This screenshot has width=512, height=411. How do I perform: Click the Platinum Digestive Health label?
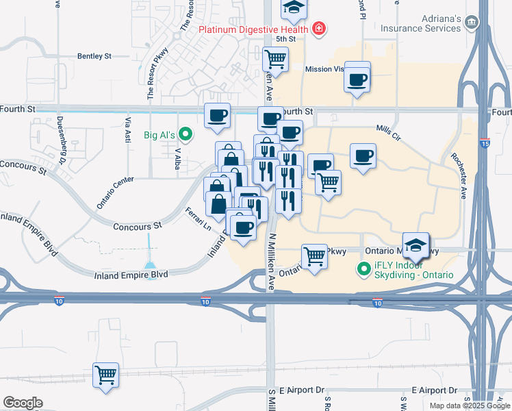253,29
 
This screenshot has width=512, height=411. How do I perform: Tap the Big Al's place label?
159,135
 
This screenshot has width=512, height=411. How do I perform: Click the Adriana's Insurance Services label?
420,23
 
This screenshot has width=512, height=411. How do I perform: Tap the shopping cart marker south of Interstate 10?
106,375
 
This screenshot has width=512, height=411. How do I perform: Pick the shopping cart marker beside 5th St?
275,60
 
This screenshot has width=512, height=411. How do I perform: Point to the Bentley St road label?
94,56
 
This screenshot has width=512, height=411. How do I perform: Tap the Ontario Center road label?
114,192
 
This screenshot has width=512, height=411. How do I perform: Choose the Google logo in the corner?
23,402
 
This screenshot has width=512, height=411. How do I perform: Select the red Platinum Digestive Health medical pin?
318,29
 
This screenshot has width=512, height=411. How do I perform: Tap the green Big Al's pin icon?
184,134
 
